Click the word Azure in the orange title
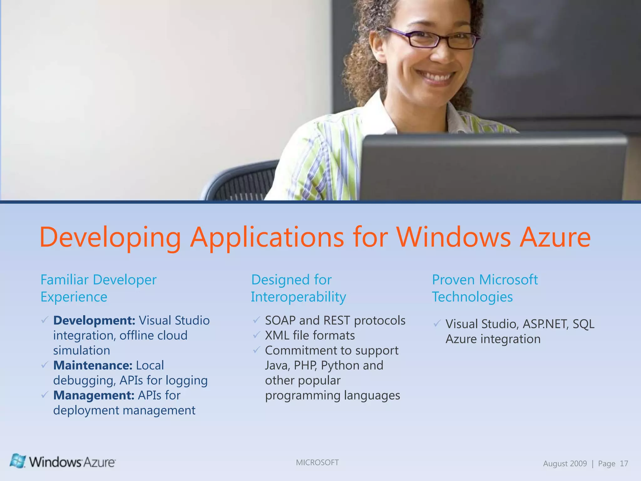point(555,237)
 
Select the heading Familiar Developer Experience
point(98,288)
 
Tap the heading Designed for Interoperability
point(298,288)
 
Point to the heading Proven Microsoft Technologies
point(485,288)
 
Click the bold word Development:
point(94,320)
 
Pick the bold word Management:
point(94,395)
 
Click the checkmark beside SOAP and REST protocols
point(257,320)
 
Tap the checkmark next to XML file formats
point(257,335)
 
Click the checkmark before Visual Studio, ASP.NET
point(437,323)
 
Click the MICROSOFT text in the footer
point(317,463)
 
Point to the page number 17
point(624,463)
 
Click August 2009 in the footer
point(565,463)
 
